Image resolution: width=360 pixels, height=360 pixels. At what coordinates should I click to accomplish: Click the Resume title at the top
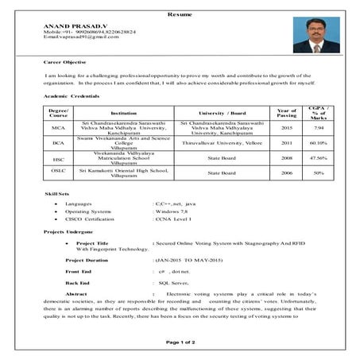[180, 14]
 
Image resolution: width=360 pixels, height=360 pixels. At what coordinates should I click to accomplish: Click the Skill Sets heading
[59, 193]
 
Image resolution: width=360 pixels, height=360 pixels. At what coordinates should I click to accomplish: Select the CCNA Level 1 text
[176, 221]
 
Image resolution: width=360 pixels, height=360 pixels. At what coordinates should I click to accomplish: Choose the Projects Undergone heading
[70, 231]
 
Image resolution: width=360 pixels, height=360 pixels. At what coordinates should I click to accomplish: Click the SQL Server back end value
[174, 282]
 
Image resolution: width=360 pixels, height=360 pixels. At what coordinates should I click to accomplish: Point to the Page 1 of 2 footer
[180, 342]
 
